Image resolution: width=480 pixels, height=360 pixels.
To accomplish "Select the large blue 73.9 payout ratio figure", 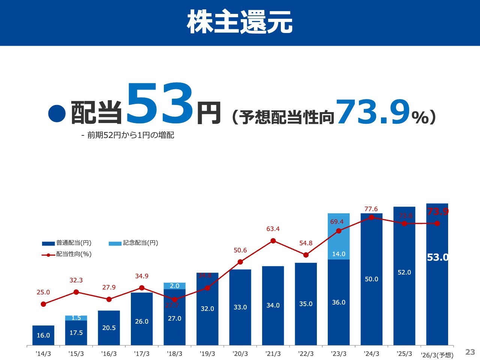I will coord(373,112).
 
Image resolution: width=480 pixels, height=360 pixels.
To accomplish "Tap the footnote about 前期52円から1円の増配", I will coord(127,135).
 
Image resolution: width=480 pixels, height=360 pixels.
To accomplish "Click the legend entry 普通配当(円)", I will coord(73,243).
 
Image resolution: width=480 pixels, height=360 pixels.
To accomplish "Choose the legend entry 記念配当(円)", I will coord(140,243).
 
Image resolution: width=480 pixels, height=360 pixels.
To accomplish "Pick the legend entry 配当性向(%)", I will coord(73,254).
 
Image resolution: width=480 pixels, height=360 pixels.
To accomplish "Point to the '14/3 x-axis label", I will coord(43,354).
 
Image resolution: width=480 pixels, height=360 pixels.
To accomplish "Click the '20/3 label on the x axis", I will coord(240,354).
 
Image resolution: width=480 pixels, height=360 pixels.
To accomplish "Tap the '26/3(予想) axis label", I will coord(437,355).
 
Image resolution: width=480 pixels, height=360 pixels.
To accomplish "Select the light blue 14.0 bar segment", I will coord(339,237).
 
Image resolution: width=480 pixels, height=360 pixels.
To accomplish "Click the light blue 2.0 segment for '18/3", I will coord(175,286).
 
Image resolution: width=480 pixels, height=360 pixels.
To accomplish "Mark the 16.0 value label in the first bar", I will coord(43,335).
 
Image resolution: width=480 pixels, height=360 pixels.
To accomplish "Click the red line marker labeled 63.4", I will coord(273,241).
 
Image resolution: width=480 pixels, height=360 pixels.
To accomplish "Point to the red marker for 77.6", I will coord(372,217).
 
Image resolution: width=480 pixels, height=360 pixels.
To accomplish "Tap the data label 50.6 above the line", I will coord(240,250).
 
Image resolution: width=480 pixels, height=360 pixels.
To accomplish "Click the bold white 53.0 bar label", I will coord(437,258).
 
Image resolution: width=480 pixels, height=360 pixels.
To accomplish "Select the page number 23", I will coord(470,352).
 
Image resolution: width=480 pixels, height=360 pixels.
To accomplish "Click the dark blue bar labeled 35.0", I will coord(306,304).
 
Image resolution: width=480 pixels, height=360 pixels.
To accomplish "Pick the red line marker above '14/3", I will coord(43,304).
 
